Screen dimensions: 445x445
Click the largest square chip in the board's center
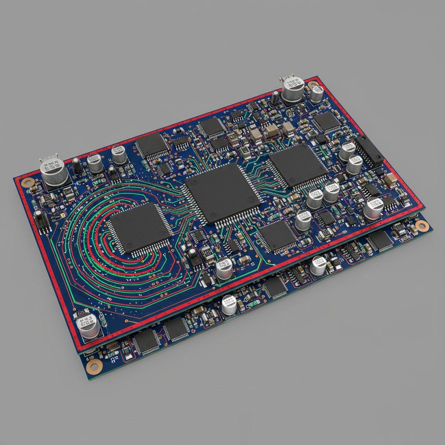click(x=223, y=193)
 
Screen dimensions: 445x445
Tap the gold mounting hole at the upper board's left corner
click(x=28, y=183)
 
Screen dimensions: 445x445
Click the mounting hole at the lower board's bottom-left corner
click(x=92, y=366)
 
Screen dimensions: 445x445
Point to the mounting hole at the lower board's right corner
click(x=421, y=226)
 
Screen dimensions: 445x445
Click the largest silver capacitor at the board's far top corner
click(x=292, y=89)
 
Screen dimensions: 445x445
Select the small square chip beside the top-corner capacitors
click(x=327, y=122)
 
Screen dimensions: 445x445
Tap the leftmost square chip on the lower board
click(x=146, y=342)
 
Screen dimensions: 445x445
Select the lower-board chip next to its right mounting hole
click(x=381, y=240)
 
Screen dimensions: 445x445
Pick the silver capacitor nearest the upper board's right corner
click(x=373, y=208)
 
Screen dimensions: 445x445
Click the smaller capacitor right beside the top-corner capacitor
click(x=316, y=93)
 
